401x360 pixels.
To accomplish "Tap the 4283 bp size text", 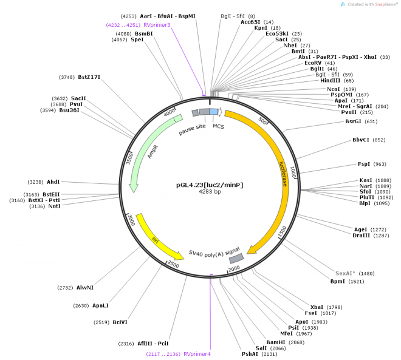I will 209,192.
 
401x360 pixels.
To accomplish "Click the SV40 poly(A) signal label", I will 214,252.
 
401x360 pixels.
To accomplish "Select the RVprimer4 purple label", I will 197,353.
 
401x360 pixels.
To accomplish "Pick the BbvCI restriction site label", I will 361,140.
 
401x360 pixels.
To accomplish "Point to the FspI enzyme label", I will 364,164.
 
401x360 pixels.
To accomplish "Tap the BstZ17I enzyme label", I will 89,77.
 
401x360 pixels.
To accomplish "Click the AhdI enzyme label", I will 53,182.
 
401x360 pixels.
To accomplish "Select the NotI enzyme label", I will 54,206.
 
